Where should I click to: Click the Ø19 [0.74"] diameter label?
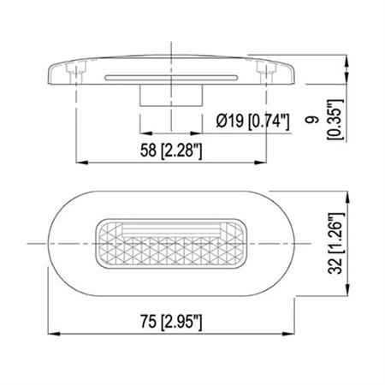click(254, 123)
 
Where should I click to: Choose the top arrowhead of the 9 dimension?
click(353, 62)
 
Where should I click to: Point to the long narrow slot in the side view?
click(171, 76)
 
